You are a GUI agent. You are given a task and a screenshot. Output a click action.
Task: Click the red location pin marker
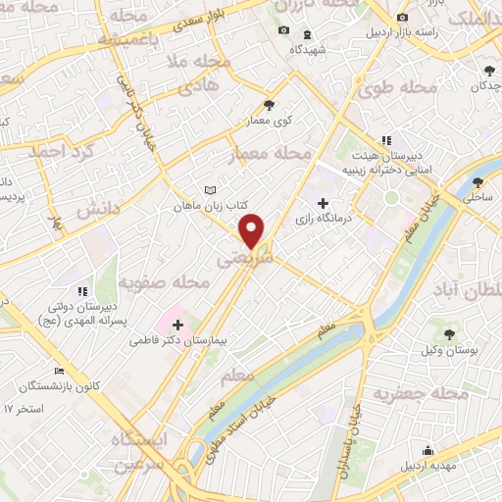tap(252, 229)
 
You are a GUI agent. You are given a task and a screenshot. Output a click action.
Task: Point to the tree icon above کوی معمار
tap(270, 105)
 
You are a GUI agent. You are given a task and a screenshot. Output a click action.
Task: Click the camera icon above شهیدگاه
tap(284, 29)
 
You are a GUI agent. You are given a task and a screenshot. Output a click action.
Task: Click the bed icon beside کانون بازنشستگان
tap(59, 371)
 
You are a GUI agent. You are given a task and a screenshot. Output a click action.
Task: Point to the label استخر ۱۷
tap(24, 407)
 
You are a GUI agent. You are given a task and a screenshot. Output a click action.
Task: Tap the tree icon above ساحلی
tap(477, 181)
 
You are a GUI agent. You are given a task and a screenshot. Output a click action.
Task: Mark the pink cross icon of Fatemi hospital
tap(177, 325)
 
